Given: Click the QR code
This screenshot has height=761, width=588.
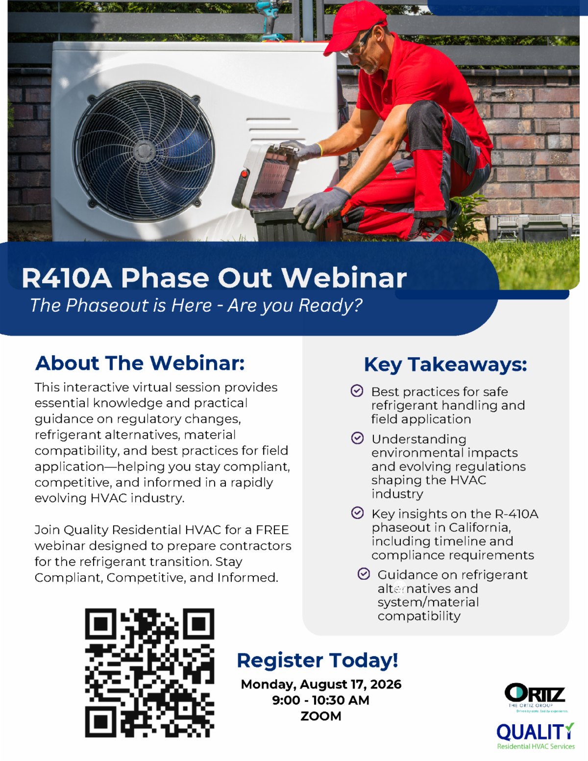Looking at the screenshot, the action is click(x=149, y=673).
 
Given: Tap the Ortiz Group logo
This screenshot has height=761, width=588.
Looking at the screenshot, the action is click(x=535, y=697).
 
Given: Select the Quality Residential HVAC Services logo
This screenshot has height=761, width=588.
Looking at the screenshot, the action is click(x=536, y=736).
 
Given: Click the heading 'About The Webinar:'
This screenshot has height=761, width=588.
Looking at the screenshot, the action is click(x=140, y=363).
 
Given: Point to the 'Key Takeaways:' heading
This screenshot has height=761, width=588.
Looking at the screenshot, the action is click(x=445, y=365).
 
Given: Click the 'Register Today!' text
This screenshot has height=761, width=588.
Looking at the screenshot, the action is click(x=318, y=661).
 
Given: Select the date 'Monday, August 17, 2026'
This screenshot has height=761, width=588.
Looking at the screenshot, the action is click(x=321, y=684).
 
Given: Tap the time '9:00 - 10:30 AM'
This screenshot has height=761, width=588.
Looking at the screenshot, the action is click(x=321, y=700).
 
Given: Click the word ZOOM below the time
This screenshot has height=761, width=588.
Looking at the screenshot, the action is click(x=321, y=716).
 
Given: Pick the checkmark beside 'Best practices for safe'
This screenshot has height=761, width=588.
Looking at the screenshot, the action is click(x=357, y=391).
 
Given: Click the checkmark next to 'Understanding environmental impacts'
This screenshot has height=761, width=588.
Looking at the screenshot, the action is click(x=357, y=438).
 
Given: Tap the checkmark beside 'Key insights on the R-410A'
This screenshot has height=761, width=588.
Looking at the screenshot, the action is click(x=357, y=513).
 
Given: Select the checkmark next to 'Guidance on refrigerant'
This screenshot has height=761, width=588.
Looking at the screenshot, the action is click(x=364, y=574).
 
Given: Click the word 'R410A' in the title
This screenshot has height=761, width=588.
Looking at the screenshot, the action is click(x=67, y=278).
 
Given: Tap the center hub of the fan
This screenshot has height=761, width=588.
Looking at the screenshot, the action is click(x=144, y=151).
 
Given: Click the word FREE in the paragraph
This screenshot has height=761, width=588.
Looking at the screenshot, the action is click(x=272, y=530).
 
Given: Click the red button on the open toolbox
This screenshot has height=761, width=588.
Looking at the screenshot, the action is click(x=245, y=173).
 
